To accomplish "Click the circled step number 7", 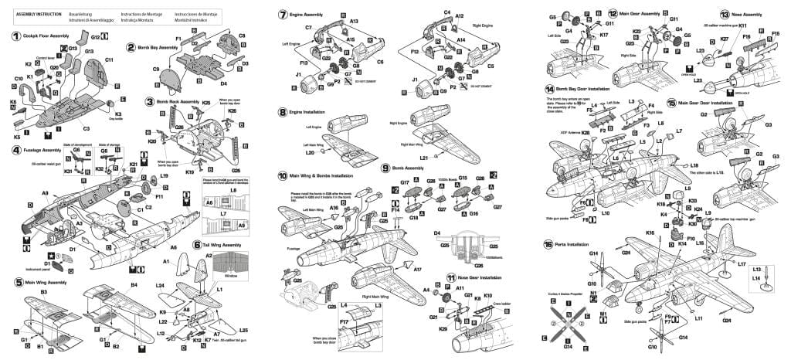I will [283, 15].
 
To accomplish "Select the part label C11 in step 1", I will [109, 59].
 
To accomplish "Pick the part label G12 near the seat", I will [95, 36].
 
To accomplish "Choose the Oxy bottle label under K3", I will [118, 118].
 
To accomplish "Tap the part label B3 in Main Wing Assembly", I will [44, 292].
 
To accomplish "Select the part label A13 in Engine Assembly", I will [354, 21].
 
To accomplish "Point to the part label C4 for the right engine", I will [447, 12].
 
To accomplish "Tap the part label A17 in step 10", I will [418, 270].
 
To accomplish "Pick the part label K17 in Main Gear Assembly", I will [604, 35].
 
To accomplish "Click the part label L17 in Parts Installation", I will [742, 264].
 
